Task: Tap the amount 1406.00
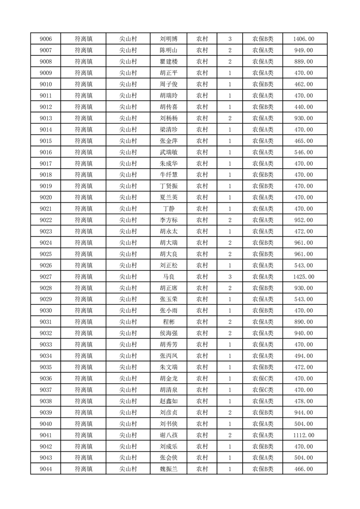(304, 39)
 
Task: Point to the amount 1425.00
(304, 277)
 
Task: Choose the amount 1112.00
(304, 435)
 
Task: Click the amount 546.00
(304, 152)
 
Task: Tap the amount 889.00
(304, 62)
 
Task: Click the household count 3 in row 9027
(230, 277)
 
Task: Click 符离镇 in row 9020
(84, 197)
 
